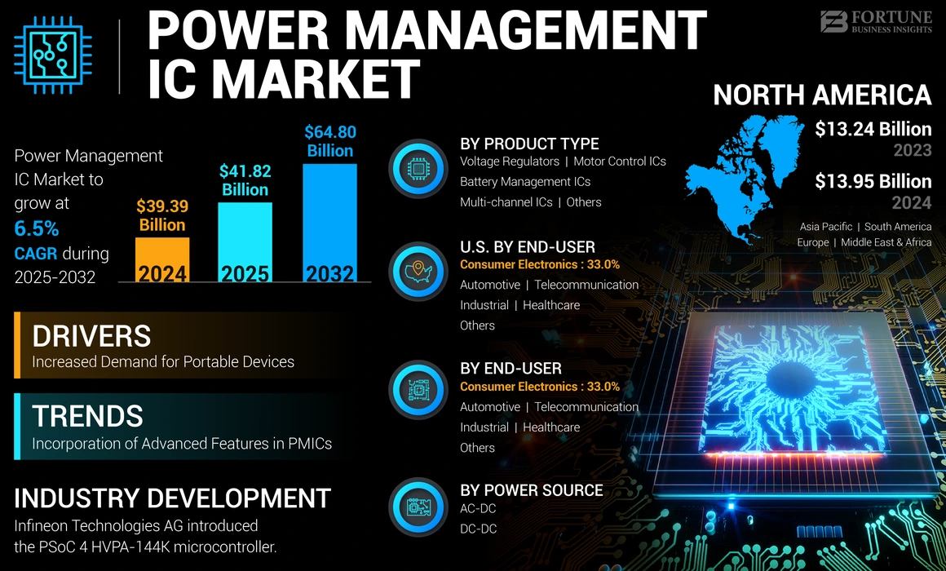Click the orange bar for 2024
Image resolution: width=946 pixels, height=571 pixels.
point(161,259)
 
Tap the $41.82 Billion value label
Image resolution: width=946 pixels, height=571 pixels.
point(245,180)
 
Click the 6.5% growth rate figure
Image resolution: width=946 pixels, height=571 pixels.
point(37,228)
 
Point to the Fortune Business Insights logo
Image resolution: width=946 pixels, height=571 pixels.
point(875,21)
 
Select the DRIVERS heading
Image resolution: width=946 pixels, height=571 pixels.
point(91,336)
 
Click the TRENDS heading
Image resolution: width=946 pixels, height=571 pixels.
point(87,416)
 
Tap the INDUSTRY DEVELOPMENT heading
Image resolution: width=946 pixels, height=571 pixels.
point(172,498)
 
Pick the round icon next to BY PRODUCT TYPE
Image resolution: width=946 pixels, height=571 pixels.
point(418,170)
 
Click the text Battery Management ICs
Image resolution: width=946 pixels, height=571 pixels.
point(525,182)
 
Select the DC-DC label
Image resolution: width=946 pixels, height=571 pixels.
point(478,529)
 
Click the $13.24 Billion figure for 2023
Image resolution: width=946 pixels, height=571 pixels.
point(873,129)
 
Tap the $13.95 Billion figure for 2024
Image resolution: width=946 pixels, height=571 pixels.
point(873,181)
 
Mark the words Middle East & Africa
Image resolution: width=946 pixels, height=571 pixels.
point(886,242)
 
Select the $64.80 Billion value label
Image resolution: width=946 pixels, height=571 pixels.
point(329,141)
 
